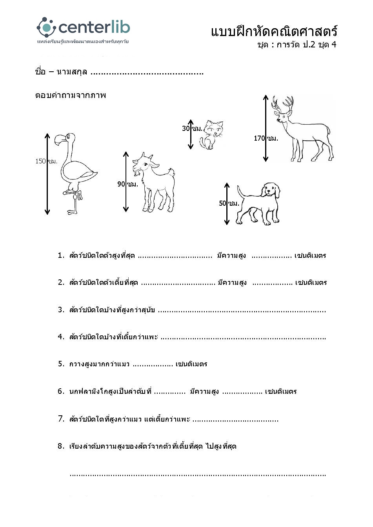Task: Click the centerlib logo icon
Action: pyautogui.click(x=46, y=27)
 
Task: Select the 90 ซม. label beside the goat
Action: pyautogui.click(x=128, y=184)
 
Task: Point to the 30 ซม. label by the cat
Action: pyautogui.click(x=192, y=128)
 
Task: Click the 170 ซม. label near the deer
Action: pyautogui.click(x=266, y=138)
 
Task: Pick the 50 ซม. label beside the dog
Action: pyautogui.click(x=229, y=203)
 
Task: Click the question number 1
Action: pyautogui.click(x=60, y=255)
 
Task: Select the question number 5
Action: pyautogui.click(x=61, y=364)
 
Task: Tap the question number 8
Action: pyautogui.click(x=61, y=446)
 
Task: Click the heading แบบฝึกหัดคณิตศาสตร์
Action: pyautogui.click(x=274, y=31)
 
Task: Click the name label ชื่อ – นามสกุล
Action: pyautogui.click(x=61, y=72)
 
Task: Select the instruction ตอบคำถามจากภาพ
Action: pyautogui.click(x=71, y=95)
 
